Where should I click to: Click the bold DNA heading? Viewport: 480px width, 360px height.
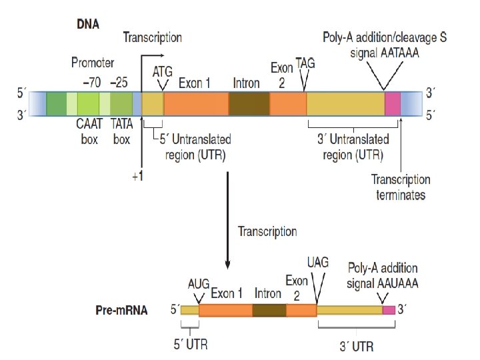tap(88, 25)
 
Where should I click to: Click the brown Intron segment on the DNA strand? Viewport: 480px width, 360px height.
tap(249, 105)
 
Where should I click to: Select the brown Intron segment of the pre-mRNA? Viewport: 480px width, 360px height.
tap(269, 310)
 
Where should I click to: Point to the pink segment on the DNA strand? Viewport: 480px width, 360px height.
tap(393, 105)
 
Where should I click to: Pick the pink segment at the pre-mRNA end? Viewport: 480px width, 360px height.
tap(388, 310)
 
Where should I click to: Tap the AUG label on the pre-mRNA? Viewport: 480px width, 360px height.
tap(198, 285)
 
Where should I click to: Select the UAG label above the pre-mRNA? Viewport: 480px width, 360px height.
tap(318, 262)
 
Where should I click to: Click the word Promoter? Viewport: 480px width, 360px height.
tap(93, 63)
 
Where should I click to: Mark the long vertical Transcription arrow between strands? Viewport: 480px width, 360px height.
tap(228, 220)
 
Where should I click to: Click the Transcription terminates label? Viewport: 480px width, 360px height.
tap(401, 187)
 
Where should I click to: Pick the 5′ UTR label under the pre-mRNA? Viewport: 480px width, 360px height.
tap(191, 345)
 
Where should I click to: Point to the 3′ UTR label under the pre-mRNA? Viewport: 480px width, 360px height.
tap(356, 346)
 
